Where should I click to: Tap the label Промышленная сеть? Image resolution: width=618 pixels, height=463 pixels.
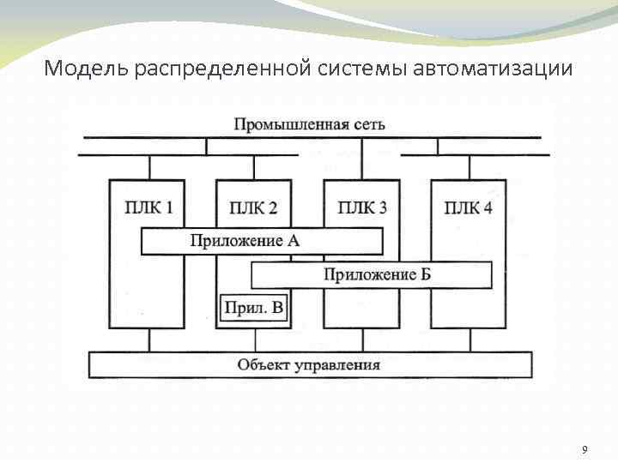point(310,123)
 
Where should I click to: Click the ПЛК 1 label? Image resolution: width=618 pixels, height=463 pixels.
point(147,207)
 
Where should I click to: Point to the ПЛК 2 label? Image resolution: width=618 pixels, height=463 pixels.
point(254,207)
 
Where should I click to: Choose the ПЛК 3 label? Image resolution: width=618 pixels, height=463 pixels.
point(361,207)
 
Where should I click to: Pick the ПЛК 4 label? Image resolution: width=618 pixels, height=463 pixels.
point(469,207)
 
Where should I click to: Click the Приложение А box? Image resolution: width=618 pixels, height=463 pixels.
point(262,241)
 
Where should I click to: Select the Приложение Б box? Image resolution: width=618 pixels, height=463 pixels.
point(371,274)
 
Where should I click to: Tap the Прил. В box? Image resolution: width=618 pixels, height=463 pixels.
point(253,308)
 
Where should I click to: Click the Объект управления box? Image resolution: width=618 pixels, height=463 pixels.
point(309,364)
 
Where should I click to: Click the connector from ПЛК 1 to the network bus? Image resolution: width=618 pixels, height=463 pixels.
point(149,167)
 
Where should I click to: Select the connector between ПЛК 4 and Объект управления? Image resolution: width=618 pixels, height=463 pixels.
point(469,340)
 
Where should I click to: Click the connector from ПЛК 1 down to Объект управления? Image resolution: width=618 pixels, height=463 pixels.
point(149,340)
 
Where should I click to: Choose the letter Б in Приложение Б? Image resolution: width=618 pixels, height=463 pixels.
point(425,274)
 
